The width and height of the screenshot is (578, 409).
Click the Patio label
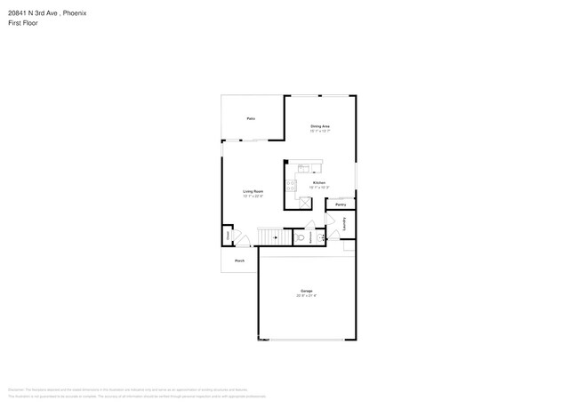point(252,118)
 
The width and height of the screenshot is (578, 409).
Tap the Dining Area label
point(320,126)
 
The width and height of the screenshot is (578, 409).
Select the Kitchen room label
point(318,182)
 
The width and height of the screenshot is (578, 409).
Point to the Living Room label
point(253,191)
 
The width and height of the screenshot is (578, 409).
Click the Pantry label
point(341,204)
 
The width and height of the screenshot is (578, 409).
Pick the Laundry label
point(344,226)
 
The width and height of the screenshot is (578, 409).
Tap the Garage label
point(306,291)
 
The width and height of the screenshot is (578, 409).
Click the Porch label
point(239,261)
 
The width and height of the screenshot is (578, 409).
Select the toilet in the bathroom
point(301,238)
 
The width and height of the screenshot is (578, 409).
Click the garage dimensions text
point(306,296)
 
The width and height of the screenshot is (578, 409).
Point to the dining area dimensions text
point(320,132)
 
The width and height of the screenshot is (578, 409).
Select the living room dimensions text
point(253,196)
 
